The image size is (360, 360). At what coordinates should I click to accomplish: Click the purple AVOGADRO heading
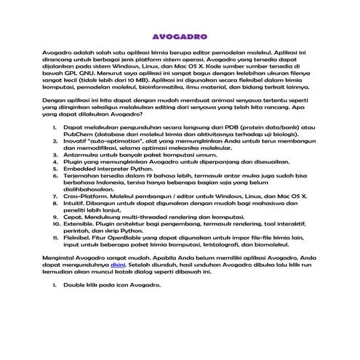180,35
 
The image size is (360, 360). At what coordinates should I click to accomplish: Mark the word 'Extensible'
81,225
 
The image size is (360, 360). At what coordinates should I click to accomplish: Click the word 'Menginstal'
61,259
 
